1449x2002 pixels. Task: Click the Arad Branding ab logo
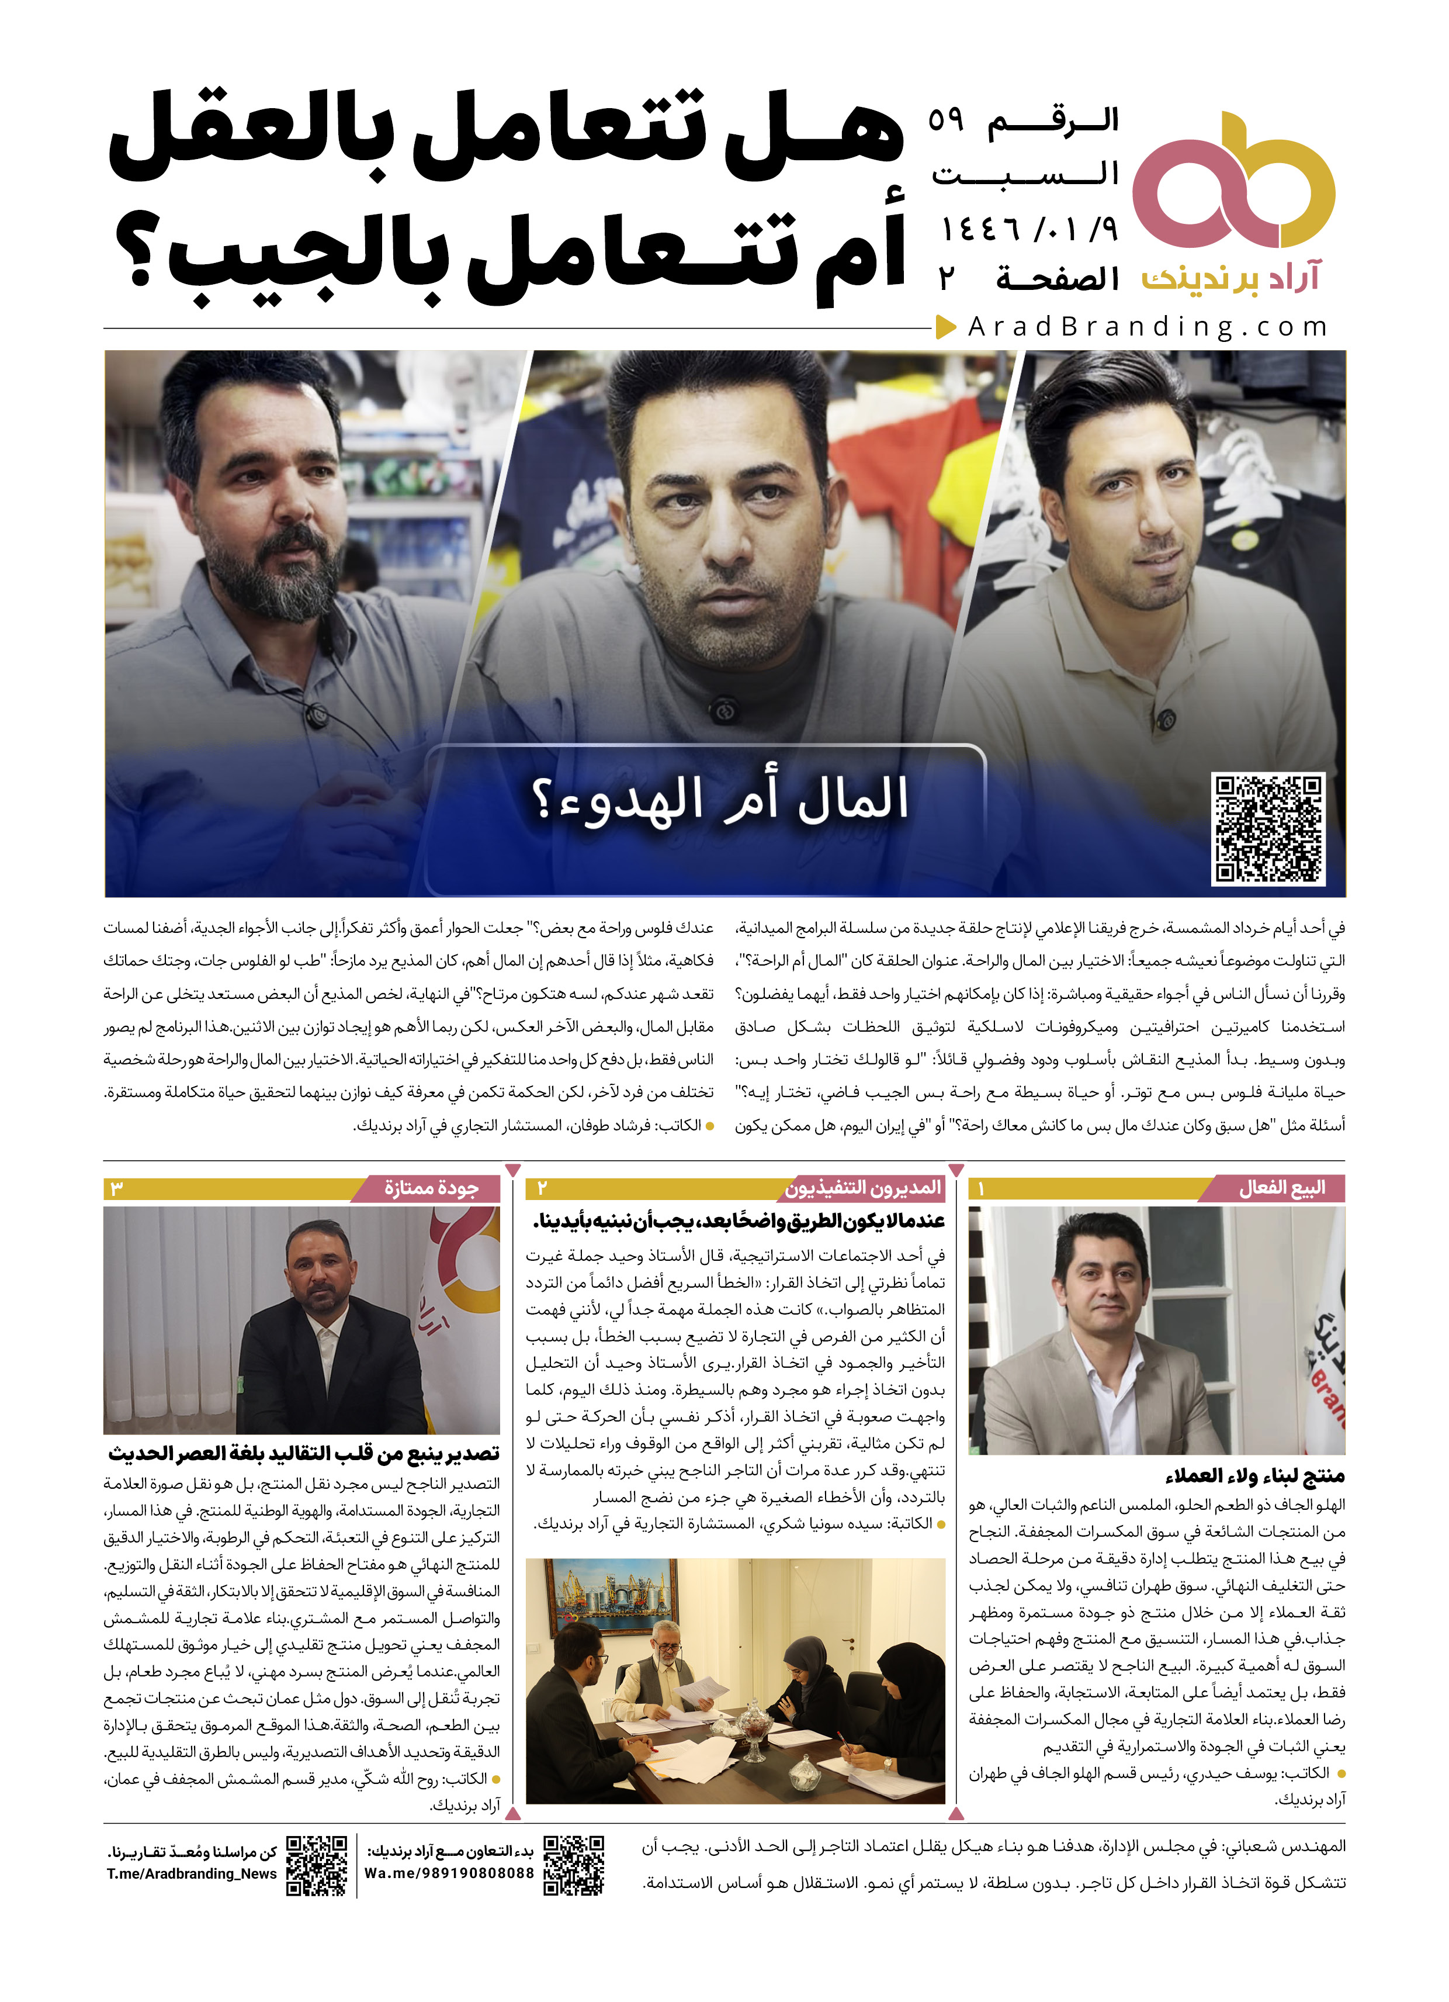click(x=1233, y=181)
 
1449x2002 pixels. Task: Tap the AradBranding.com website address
click(x=1147, y=327)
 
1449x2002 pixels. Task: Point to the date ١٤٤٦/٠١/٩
click(x=1029, y=230)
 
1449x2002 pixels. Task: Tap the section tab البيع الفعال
click(x=1281, y=1188)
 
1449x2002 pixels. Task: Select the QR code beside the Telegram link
click(x=317, y=1866)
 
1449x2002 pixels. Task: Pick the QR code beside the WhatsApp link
click(x=574, y=1866)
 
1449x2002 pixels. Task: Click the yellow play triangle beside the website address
click(x=946, y=327)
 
